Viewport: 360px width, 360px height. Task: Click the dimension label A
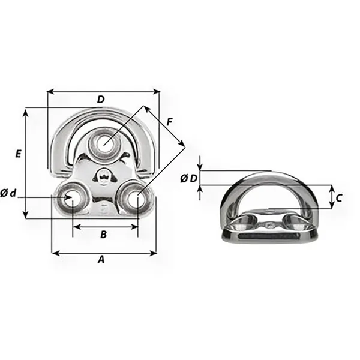pos(101,260)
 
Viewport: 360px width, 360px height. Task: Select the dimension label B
pos(103,235)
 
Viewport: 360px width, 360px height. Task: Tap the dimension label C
pos(340,197)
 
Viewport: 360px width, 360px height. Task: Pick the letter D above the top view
pos(101,99)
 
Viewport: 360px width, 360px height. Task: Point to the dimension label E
pos(18,154)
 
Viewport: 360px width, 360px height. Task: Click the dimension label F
pos(170,122)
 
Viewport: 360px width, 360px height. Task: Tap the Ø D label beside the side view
pos(188,178)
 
